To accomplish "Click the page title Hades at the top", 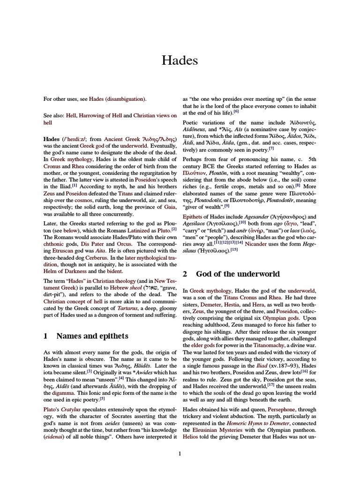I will click(180, 60).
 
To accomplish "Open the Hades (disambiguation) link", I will click(117, 99).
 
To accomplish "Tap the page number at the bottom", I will click(180, 453).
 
